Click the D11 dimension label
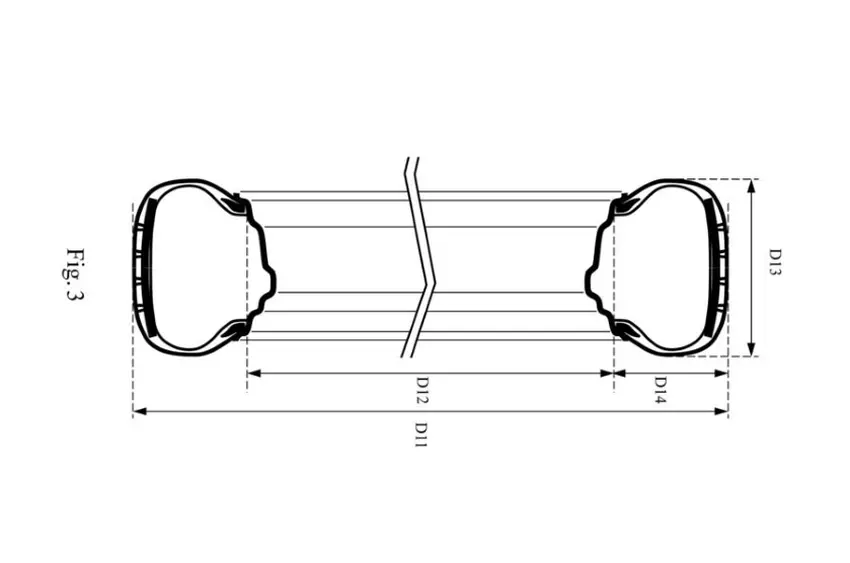[422, 435]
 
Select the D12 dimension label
[422, 390]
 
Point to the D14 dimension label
[660, 390]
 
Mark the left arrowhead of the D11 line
[139, 411]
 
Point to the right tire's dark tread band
[716, 267]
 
